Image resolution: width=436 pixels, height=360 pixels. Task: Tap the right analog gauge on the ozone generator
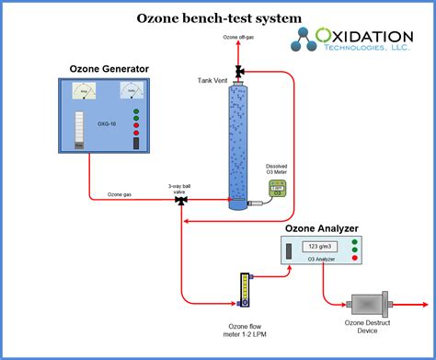pyautogui.click(x=133, y=92)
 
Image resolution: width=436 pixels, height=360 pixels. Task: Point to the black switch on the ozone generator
pyautogui.click(x=136, y=143)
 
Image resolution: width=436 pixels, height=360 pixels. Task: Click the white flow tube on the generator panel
pyautogui.click(x=78, y=130)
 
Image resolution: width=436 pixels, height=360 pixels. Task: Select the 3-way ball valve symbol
pyautogui.click(x=180, y=199)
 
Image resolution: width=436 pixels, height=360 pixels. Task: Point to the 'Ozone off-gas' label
pyautogui.click(x=239, y=38)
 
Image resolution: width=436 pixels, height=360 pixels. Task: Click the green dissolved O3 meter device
pyautogui.click(x=275, y=189)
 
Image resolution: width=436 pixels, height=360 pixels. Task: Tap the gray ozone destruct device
pyautogui.click(x=367, y=307)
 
